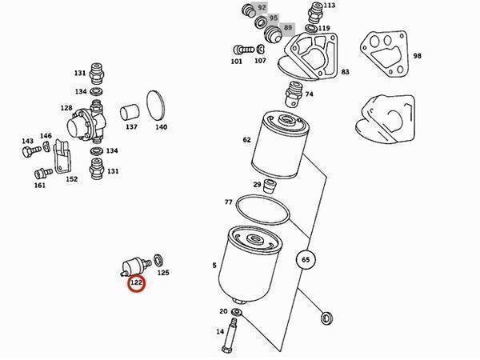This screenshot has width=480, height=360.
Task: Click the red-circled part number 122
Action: tap(136, 282)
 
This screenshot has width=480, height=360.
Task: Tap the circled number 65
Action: tap(306, 259)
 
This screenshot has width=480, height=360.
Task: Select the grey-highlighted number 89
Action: tap(287, 27)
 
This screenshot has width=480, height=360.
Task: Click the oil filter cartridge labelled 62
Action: tap(280, 145)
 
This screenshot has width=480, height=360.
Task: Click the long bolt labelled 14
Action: tap(230, 335)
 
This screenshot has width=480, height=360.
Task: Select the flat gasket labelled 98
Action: tap(384, 54)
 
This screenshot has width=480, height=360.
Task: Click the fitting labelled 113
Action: tap(314, 13)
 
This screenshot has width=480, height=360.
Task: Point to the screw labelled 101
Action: tap(244, 50)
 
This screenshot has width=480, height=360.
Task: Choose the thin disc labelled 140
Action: tap(155, 106)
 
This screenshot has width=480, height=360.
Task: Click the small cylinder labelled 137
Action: tap(130, 113)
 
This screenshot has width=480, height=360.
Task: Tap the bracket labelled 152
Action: tap(62, 157)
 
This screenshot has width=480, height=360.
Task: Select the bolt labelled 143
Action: tap(31, 151)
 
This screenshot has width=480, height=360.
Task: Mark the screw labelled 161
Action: tap(43, 174)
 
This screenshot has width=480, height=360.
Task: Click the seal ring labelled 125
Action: tap(158, 261)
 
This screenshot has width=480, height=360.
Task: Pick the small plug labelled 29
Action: tap(270, 186)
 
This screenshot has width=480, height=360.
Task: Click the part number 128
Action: tap(66, 108)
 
